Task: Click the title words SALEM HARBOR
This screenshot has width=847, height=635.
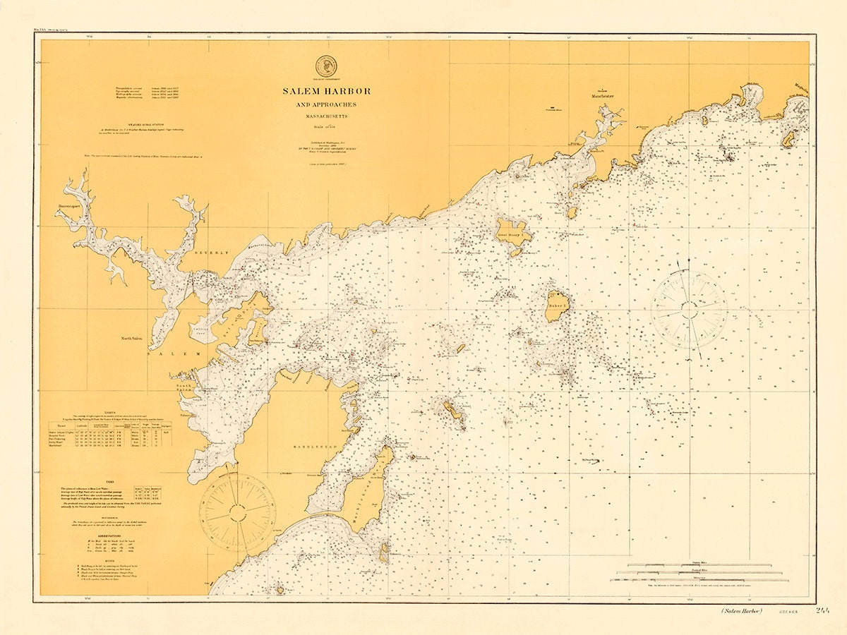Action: tap(326, 91)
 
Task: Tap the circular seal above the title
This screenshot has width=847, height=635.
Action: tap(326, 66)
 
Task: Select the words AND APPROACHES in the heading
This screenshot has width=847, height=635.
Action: tap(326, 105)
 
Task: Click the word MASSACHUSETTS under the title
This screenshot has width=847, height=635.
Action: tap(326, 116)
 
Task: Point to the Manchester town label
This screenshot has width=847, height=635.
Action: tap(602, 96)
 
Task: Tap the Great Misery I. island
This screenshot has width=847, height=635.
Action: tap(514, 234)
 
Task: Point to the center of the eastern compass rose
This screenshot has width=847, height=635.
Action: tap(688, 309)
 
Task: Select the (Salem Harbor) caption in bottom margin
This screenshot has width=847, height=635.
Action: tap(742, 611)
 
